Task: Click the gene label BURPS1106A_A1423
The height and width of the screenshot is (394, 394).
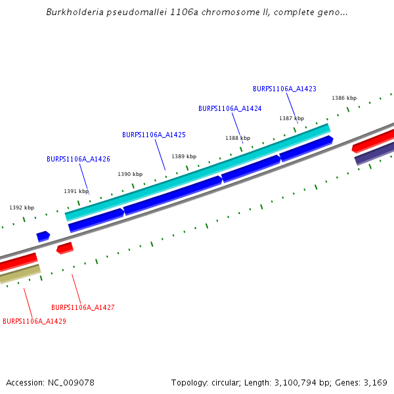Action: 284,89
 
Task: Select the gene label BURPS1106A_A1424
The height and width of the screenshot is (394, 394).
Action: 230,108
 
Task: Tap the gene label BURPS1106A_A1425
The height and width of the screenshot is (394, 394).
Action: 154,135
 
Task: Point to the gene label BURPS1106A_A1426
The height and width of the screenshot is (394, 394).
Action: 78,159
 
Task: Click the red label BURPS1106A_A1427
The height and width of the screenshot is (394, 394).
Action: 83,307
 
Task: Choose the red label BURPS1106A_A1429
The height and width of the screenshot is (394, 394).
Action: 34,321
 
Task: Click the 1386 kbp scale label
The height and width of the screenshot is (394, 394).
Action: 344,98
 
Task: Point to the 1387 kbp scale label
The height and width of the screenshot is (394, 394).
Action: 292,118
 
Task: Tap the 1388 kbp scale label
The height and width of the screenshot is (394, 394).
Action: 238,138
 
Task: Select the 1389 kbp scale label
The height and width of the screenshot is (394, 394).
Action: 184,156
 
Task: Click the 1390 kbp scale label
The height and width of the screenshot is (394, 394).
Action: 130,174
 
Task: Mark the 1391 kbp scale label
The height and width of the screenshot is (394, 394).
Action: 76,191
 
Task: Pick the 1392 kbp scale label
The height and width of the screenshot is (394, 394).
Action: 22,208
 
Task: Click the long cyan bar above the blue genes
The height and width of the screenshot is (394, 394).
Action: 197,171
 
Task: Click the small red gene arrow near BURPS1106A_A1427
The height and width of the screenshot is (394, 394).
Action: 65,248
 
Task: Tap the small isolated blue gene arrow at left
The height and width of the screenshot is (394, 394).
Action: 43,236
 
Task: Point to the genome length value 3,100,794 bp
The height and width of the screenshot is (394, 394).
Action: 294,382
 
